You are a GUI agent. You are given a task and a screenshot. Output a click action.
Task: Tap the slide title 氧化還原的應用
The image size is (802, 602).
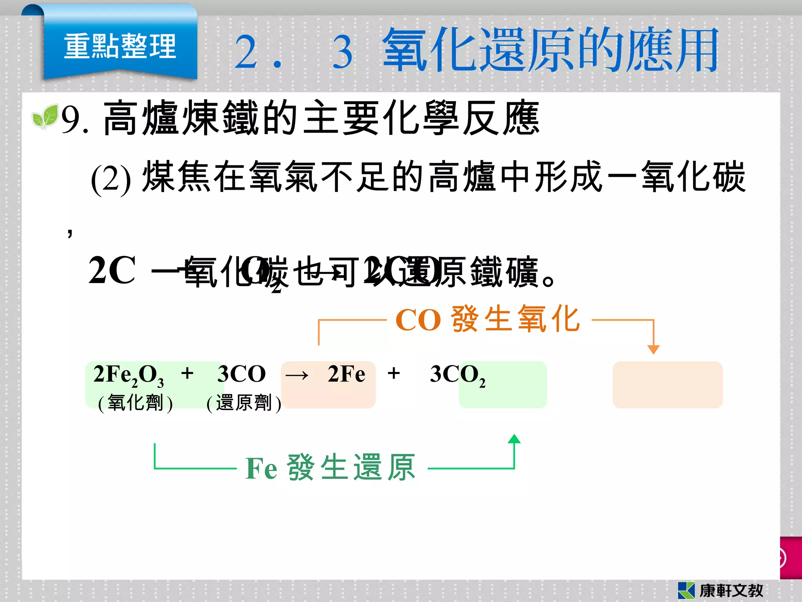point(550,50)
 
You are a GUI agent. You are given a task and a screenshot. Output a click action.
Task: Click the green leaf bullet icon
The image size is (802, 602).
point(45,116)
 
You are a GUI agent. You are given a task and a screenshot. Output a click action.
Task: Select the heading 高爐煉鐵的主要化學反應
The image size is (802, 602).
point(321,118)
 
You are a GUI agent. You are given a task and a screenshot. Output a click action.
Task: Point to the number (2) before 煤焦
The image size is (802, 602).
point(110,179)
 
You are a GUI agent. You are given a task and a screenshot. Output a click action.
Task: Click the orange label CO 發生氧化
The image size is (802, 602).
point(487,319)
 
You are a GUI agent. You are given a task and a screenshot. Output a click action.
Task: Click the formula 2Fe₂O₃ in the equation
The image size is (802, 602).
point(128,375)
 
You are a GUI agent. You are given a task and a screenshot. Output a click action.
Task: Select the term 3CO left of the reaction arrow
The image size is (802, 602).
point(241,374)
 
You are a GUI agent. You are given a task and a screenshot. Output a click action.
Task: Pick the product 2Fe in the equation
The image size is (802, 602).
point(346,374)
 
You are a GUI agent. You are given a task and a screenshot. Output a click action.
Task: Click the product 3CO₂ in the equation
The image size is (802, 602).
point(457,375)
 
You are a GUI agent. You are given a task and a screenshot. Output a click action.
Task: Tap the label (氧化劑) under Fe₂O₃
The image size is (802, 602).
point(135,403)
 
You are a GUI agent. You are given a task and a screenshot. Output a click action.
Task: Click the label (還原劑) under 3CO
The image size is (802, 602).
point(244,403)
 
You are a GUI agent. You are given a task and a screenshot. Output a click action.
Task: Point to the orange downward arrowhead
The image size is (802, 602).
point(653,349)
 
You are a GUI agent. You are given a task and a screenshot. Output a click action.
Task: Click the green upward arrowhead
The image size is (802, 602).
point(514,439)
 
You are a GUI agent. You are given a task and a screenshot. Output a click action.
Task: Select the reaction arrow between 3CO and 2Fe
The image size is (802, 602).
point(297,375)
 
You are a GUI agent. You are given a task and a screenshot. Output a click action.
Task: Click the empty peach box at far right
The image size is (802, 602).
point(667,384)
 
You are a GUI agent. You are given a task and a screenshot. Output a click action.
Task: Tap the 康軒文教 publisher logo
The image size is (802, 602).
point(721,590)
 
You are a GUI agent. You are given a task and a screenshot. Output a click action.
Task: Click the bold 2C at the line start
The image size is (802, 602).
point(112,270)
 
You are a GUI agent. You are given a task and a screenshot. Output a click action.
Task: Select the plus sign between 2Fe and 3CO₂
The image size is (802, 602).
point(394,373)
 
